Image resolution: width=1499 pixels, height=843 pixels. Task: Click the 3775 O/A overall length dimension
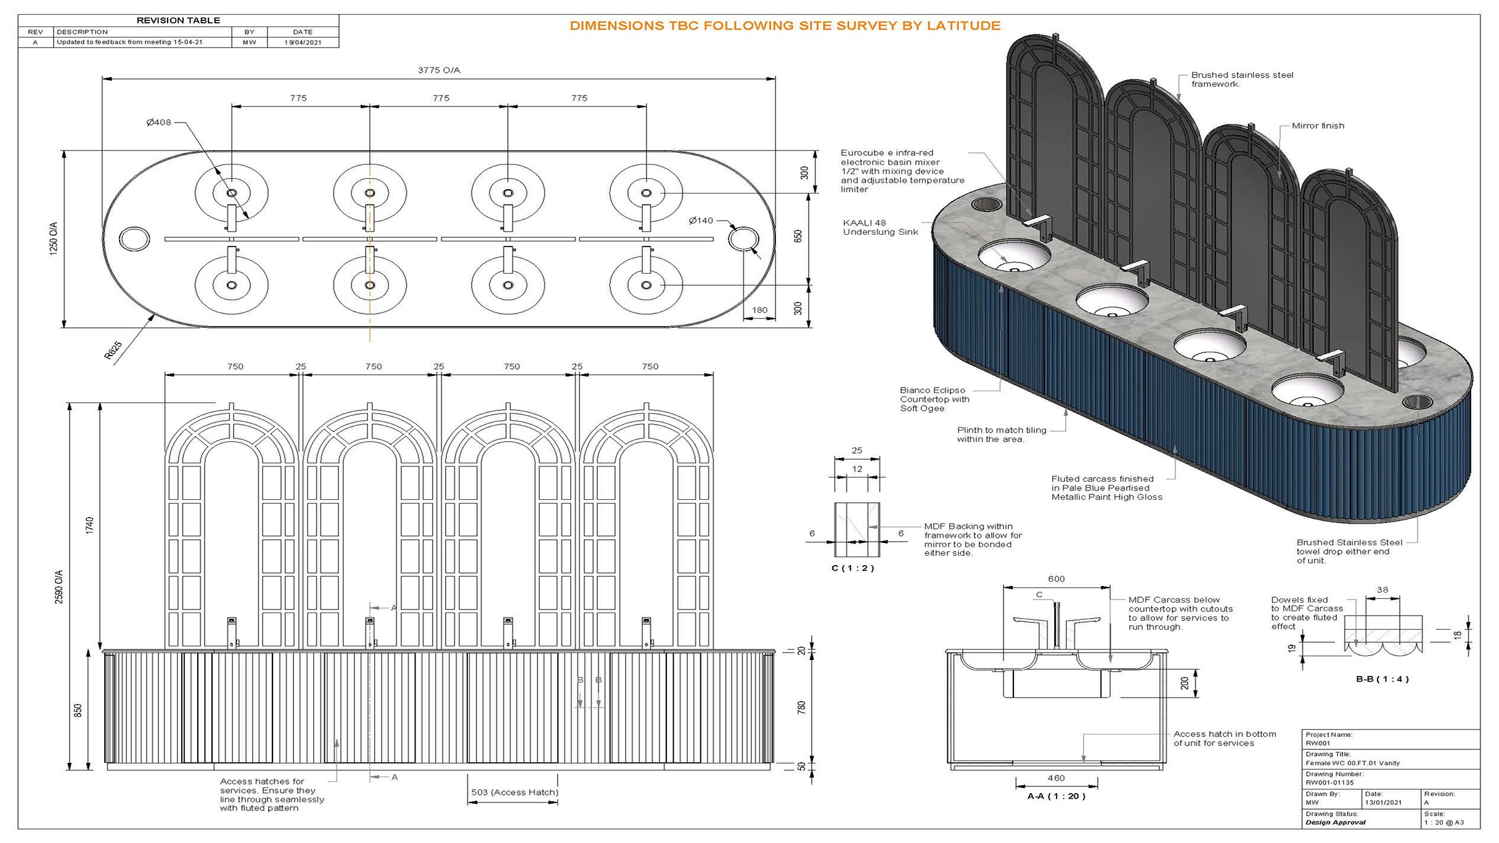(x=439, y=70)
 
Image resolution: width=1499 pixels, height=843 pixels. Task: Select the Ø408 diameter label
(x=158, y=123)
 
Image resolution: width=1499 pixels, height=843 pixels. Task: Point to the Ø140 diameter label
(x=701, y=221)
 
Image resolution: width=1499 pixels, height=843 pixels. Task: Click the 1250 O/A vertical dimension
(x=54, y=239)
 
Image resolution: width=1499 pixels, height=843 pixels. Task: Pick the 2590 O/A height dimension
(x=59, y=587)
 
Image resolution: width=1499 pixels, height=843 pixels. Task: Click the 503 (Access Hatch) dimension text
(x=514, y=792)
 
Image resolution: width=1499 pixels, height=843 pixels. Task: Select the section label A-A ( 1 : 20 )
(x=1056, y=796)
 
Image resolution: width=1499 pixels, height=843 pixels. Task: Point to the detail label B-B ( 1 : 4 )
(x=1382, y=679)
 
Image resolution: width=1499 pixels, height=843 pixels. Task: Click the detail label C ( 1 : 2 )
(x=852, y=568)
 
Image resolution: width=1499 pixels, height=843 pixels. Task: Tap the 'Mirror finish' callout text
(x=1318, y=126)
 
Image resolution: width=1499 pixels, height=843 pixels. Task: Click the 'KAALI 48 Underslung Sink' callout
(x=880, y=227)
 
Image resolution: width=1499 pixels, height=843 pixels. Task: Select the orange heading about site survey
(x=785, y=26)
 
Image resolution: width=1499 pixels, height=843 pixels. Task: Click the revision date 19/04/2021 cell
(x=303, y=43)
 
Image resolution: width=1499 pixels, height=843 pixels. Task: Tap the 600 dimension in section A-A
(x=1056, y=579)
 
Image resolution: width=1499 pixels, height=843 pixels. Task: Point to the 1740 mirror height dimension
(x=90, y=526)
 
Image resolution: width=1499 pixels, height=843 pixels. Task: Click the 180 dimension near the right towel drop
(x=759, y=310)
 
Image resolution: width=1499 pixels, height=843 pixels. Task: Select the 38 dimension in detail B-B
(x=1382, y=590)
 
